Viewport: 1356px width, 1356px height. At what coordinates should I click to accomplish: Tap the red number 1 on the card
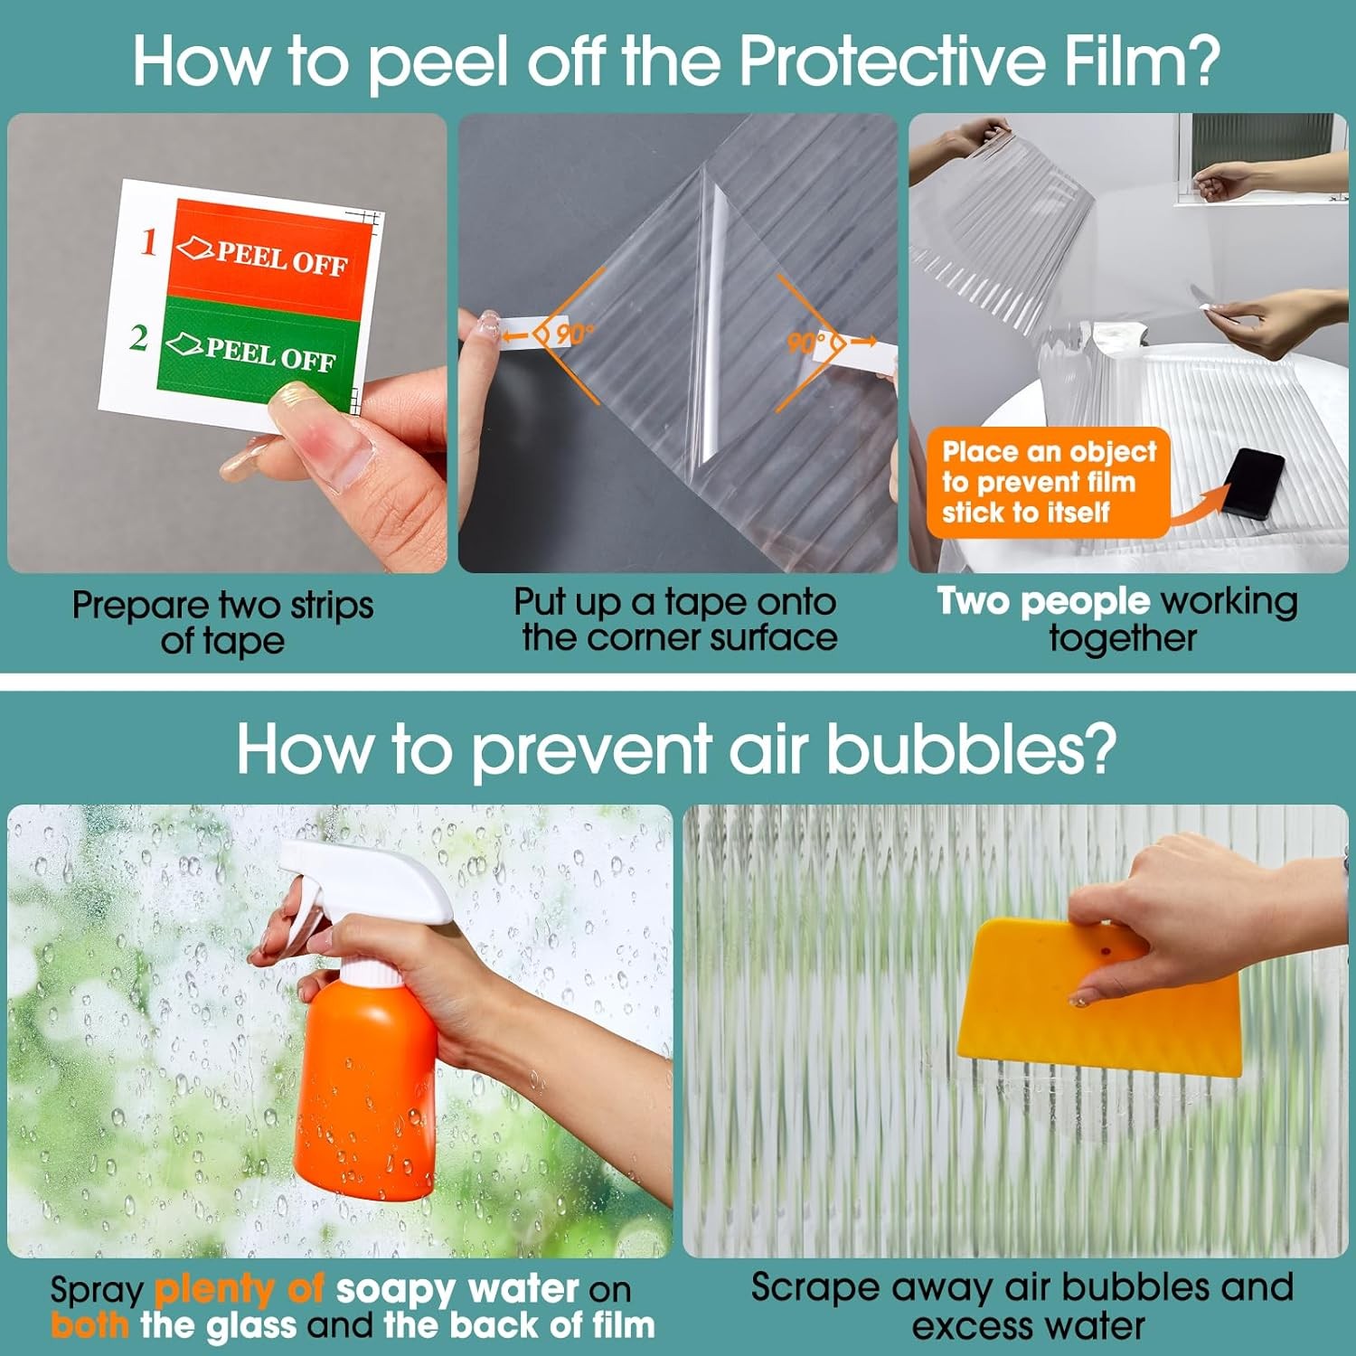click(149, 241)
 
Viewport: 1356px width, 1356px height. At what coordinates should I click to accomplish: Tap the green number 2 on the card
click(138, 337)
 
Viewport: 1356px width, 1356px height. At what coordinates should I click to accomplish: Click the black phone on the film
click(1252, 484)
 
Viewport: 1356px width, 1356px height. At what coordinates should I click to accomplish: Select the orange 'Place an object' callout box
click(1049, 483)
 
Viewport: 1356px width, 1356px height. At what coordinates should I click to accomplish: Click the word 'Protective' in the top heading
click(891, 61)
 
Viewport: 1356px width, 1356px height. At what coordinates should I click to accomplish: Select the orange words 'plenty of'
click(240, 1289)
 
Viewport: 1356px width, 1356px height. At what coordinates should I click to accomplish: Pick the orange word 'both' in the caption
click(89, 1325)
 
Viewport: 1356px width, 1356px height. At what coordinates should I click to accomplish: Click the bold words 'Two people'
click(1043, 601)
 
